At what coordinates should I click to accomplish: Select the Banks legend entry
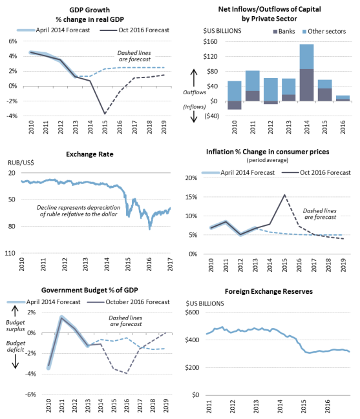click(284, 31)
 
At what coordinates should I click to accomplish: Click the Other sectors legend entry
click(324, 31)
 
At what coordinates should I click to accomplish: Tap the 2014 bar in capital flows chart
click(306, 72)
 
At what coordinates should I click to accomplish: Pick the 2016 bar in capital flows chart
click(343, 98)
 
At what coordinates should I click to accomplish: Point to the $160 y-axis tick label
click(210, 41)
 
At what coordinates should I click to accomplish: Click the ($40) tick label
click(211, 116)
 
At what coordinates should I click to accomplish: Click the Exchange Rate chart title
click(90, 154)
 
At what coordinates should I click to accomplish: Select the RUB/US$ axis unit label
click(21, 163)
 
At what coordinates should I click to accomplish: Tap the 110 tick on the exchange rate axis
click(10, 253)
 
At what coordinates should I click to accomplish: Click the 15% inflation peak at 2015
click(284, 195)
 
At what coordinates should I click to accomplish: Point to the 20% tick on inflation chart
click(191, 178)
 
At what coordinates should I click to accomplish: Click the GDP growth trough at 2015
click(105, 114)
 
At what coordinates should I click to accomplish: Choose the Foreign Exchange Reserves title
click(268, 291)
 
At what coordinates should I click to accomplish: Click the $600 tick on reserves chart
click(192, 312)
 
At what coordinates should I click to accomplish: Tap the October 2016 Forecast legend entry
click(129, 302)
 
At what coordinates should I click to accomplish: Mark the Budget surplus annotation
click(16, 325)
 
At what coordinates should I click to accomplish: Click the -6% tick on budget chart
click(30, 394)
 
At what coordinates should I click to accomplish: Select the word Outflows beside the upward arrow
click(195, 92)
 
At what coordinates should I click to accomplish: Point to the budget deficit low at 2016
click(127, 373)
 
